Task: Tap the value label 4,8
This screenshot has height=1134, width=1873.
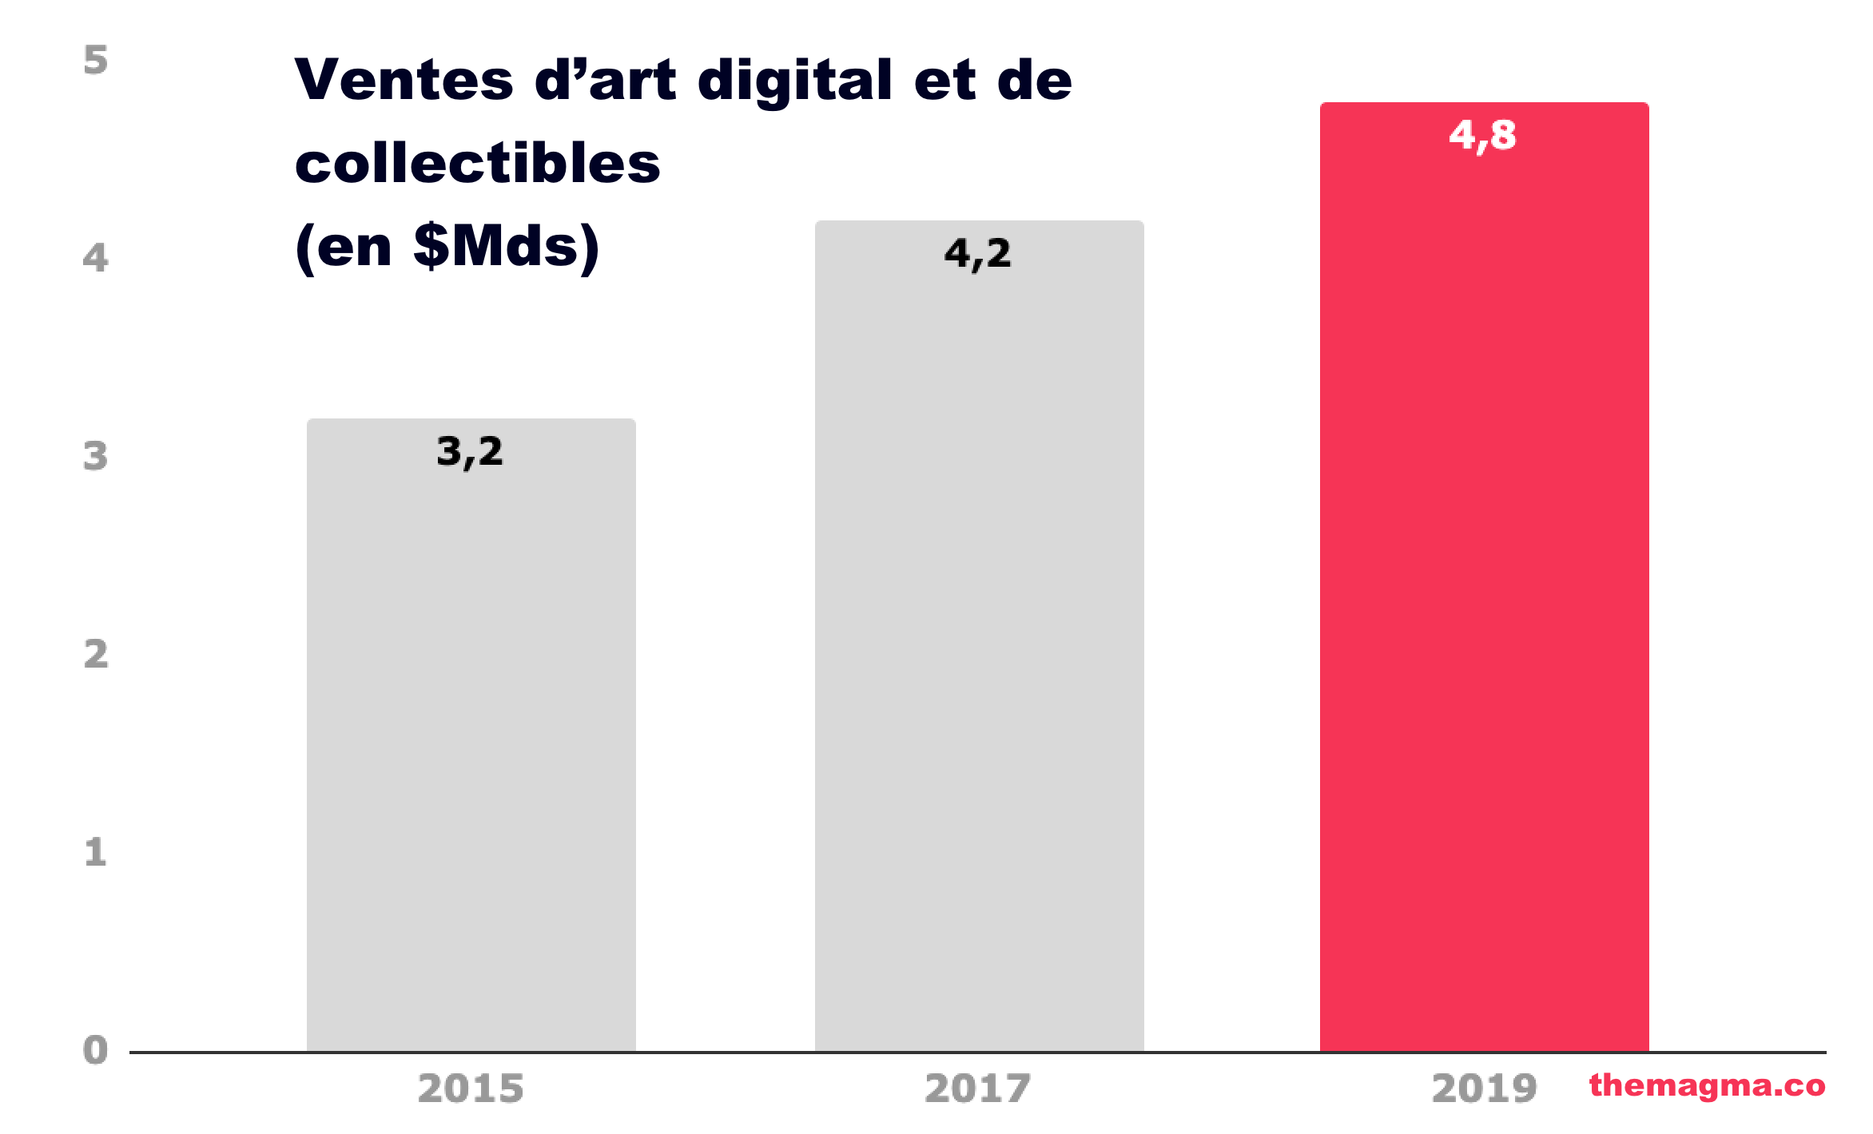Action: click(1482, 135)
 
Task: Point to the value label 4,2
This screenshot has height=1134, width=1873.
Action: click(977, 254)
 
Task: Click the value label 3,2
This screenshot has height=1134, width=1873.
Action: click(470, 452)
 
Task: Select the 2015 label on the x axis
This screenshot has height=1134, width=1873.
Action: click(471, 1088)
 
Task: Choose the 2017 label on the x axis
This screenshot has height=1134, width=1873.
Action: click(978, 1088)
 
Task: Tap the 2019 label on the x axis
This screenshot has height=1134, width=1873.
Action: click(1485, 1088)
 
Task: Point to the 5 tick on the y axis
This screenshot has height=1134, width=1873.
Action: click(96, 61)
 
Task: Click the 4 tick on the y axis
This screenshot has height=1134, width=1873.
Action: click(96, 258)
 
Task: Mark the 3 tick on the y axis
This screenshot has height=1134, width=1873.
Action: click(96, 456)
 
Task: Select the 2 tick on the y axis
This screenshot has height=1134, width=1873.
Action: click(96, 654)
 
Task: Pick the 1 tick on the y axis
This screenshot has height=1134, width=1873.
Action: click(96, 852)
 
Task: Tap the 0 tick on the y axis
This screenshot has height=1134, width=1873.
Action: click(96, 1050)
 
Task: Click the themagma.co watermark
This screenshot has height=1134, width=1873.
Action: click(1707, 1085)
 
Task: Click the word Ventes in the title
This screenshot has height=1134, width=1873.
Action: click(404, 80)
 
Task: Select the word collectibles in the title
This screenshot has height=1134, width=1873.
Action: click(477, 163)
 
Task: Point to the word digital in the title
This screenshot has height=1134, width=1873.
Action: click(794, 81)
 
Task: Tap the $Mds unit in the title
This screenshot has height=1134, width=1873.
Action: click(496, 246)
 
